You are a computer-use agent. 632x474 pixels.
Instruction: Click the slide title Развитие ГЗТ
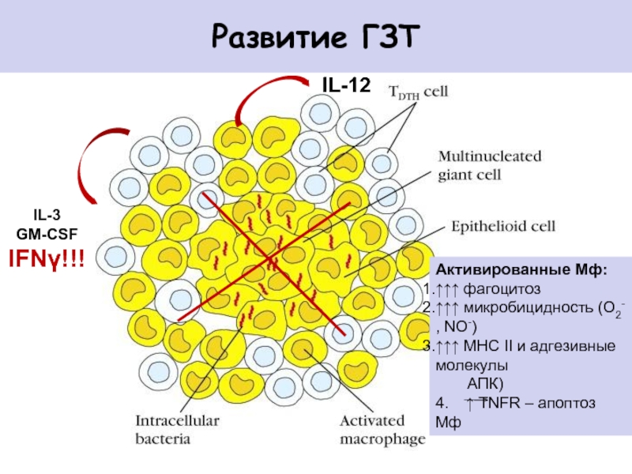point(315,37)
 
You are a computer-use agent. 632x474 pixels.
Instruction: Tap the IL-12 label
point(346,85)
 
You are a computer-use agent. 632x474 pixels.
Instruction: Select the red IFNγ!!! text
point(47,259)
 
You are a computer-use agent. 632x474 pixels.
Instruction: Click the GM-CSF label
point(47,234)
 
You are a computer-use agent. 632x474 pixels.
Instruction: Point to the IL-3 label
point(47,215)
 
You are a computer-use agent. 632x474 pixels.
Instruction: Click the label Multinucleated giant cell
point(489,166)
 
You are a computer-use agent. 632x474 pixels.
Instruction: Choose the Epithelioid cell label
point(503,226)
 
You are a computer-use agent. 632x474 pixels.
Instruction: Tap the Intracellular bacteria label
point(177,430)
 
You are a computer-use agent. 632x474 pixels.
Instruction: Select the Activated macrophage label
point(382,431)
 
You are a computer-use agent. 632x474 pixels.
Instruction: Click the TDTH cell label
point(419,92)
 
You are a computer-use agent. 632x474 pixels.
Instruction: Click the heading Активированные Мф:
point(521,269)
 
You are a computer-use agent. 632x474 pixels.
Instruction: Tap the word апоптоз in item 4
point(566,403)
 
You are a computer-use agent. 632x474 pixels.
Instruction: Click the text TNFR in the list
point(501,403)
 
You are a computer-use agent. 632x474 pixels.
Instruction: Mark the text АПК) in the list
point(485,384)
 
